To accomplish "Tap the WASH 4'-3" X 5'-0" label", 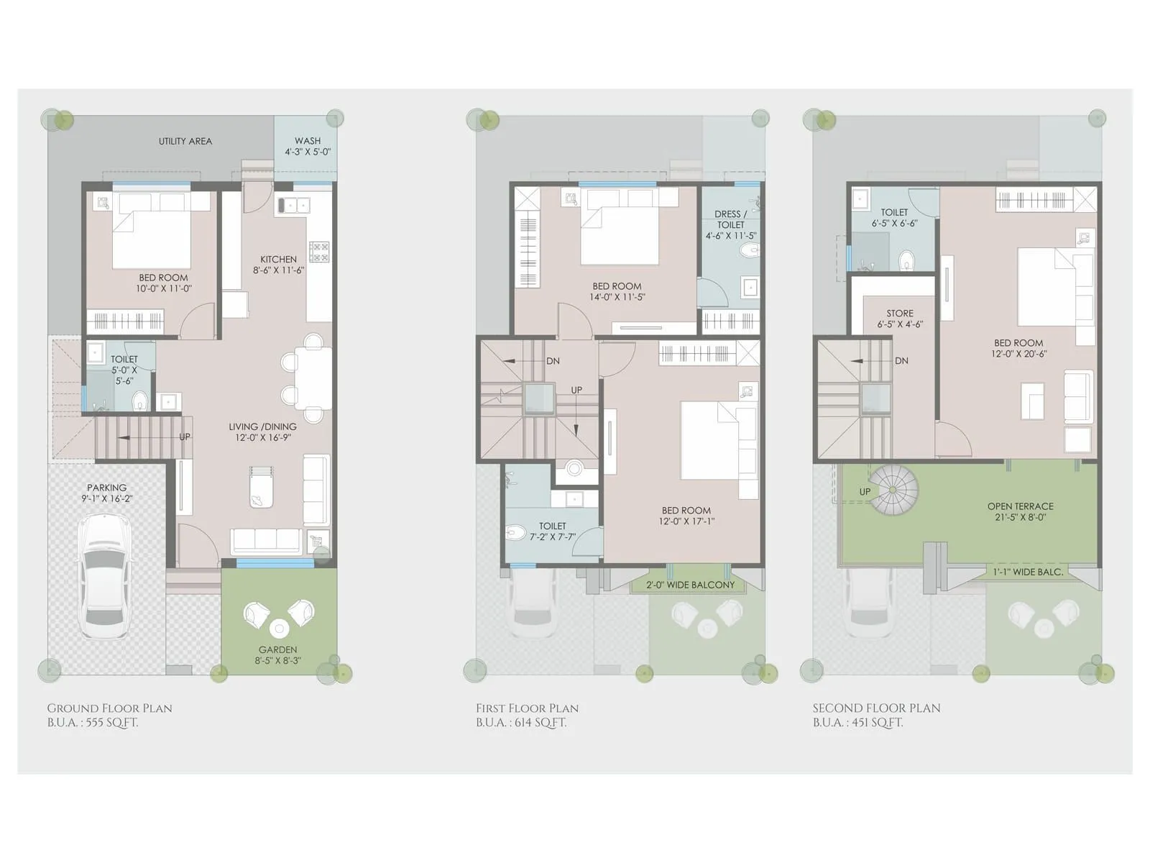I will (308, 146).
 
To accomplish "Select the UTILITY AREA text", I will (185, 141).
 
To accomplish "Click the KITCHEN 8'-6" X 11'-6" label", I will (278, 265).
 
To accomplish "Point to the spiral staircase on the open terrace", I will (893, 489).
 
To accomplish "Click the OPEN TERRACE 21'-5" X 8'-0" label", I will (1020, 511).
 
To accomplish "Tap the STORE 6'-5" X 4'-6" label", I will (899, 319).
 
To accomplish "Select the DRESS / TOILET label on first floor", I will (730, 224).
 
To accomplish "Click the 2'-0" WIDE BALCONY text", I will (690, 585).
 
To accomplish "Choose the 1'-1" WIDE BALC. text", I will (1028, 572).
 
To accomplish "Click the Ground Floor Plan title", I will (109, 708).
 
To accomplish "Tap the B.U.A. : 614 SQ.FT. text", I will (520, 723).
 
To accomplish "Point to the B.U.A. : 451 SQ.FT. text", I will (857, 723).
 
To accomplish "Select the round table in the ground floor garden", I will (279, 627).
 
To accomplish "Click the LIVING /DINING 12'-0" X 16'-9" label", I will (262, 431).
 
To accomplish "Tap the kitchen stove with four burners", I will (319, 252).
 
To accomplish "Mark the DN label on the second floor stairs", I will (901, 361).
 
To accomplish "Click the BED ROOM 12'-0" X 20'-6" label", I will (1018, 348).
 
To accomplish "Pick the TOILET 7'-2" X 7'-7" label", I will (552, 531).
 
